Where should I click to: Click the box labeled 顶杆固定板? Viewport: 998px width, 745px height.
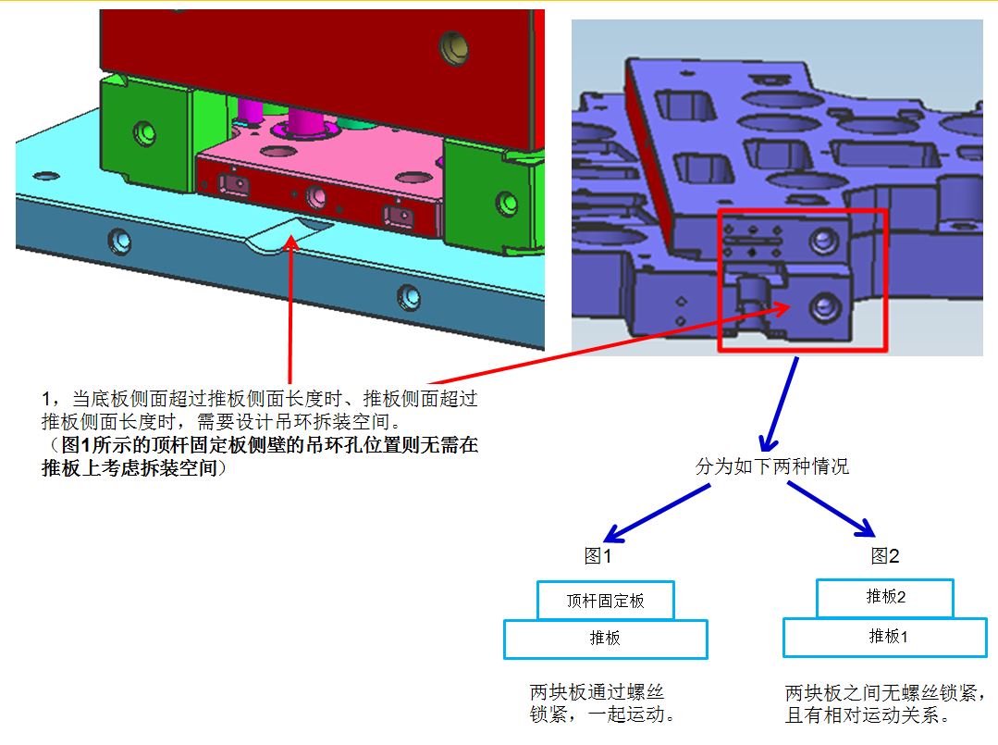605,600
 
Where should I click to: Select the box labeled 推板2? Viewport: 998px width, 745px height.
885,597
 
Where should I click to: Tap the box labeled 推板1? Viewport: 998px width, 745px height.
885,637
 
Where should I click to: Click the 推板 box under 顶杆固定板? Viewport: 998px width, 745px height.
605,639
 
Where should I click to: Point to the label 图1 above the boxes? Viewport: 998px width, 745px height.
598,556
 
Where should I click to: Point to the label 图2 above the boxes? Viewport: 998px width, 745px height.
885,556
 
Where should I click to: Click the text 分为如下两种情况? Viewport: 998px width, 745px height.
772,466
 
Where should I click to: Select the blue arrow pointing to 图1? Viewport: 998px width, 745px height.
656,514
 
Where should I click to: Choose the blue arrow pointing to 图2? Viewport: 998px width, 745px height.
832,509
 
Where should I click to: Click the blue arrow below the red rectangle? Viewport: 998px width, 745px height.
780,404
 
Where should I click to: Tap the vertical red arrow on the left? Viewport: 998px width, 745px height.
290,309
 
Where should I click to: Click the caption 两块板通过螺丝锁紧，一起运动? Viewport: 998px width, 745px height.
602,703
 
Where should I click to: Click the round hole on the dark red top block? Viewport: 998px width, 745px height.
454,48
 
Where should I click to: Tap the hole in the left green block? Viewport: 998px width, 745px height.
144,132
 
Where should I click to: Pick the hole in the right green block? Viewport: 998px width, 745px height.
507,203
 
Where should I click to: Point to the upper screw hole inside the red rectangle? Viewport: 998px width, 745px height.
823,240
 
